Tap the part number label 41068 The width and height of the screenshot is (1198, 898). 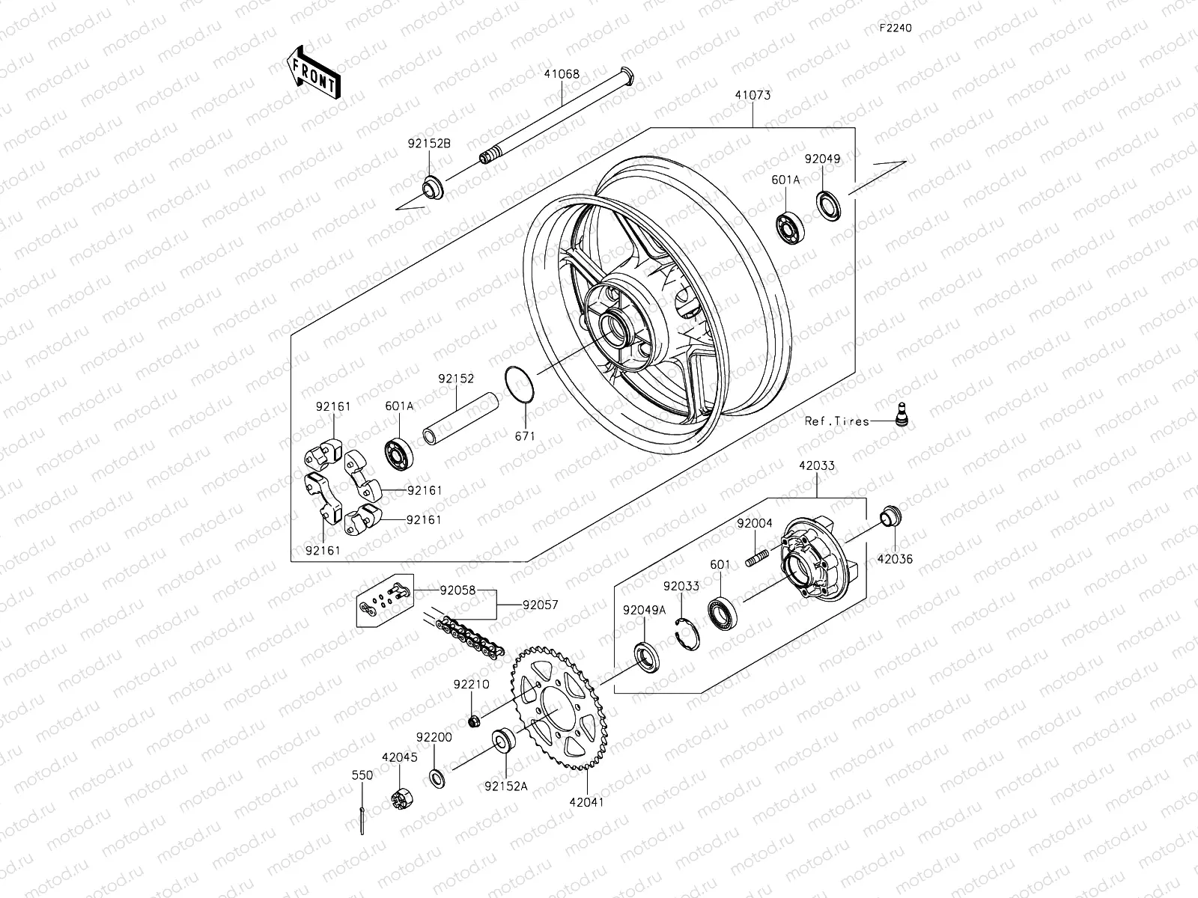[x=562, y=75]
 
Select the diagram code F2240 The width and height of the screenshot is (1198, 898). [x=896, y=28]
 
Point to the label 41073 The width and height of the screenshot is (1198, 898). [x=752, y=96]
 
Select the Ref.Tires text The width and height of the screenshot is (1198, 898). [x=836, y=421]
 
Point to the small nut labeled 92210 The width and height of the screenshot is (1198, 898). [x=472, y=721]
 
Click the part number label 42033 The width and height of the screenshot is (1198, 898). [x=816, y=465]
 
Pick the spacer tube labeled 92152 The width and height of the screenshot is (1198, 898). [x=458, y=421]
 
